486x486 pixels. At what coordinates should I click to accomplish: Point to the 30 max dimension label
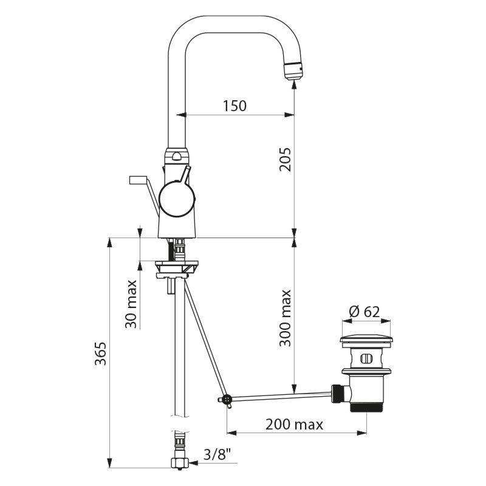point(131,304)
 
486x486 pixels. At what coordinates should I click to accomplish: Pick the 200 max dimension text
point(294,424)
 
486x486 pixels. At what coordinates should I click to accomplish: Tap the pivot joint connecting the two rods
point(227,400)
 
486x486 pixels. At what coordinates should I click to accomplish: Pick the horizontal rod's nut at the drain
point(338,392)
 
